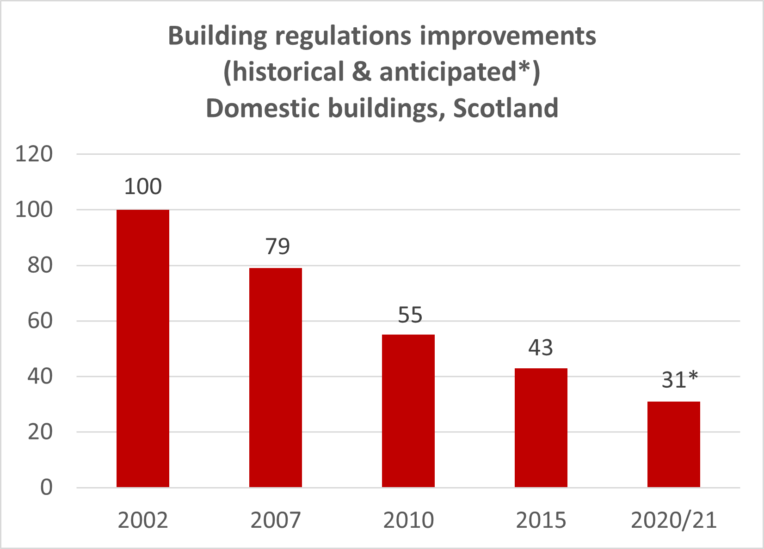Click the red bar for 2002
click(x=142, y=348)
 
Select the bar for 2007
click(x=275, y=378)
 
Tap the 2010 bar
click(x=408, y=411)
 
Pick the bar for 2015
click(x=541, y=427)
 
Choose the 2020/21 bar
click(x=673, y=444)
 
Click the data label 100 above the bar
click(x=143, y=187)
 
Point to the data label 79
click(x=277, y=246)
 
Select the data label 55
click(x=410, y=315)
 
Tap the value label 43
click(x=541, y=348)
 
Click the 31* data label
click(x=679, y=380)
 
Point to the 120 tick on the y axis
click(x=34, y=154)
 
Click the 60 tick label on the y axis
click(x=40, y=321)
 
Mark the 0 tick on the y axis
click(x=46, y=488)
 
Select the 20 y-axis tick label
click(x=40, y=432)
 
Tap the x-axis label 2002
click(x=142, y=520)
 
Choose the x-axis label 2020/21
click(x=673, y=520)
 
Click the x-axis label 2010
click(x=408, y=520)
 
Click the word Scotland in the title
click(x=505, y=108)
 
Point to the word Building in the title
click(x=217, y=36)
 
